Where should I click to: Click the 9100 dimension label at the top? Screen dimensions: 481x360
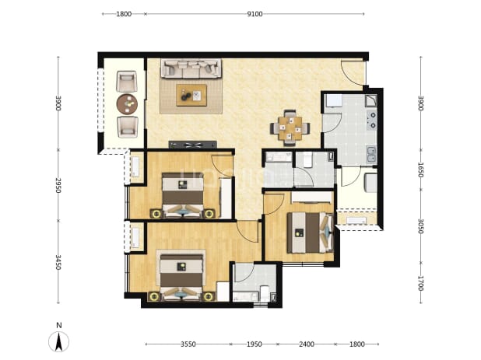pos(255,14)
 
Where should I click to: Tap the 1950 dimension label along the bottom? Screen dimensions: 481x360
pos(255,344)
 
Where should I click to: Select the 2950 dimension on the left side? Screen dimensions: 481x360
pos(58,185)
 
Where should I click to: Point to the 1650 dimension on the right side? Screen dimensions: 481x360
pos(421,170)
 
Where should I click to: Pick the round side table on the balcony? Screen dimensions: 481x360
pos(127,104)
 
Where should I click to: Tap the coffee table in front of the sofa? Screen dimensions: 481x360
pos(191,96)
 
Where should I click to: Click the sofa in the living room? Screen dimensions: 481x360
pos(191,68)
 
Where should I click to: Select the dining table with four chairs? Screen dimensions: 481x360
pos(290,128)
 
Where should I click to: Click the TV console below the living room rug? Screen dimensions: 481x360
pos(193,145)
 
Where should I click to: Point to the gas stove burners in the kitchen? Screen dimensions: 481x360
pos(372,120)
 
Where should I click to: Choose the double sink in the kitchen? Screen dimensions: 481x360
pos(372,154)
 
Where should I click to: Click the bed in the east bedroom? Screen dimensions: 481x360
pos(310,232)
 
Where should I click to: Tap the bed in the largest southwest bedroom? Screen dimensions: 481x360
pos(181,274)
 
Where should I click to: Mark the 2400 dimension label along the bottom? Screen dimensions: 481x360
pos(307,344)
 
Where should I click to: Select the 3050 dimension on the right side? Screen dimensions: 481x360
pos(421,226)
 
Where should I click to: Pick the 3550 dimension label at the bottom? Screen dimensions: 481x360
pos(188,344)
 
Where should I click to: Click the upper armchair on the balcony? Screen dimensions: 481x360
pos(127,82)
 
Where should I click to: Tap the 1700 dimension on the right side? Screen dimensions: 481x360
pos(421,283)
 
